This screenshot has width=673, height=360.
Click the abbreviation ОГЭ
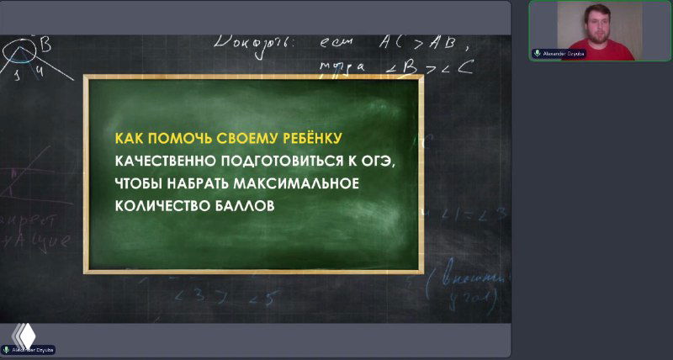[x=374, y=161]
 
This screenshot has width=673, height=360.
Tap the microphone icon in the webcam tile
[x=537, y=52]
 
